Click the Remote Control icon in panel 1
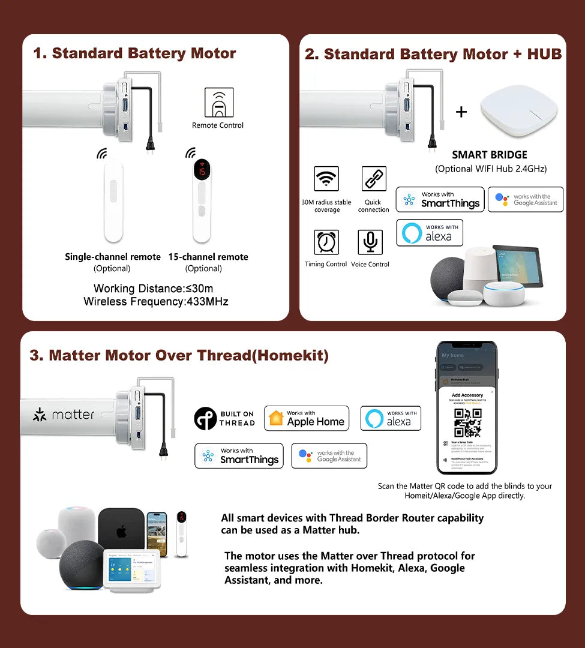point(218,103)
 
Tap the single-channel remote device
point(113,201)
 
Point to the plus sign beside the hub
point(461,112)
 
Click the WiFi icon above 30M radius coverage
point(326,179)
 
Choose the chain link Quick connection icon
point(374,179)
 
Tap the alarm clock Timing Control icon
point(326,242)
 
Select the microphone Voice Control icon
point(370,242)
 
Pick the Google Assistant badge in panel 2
point(526,200)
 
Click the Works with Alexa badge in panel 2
point(430,233)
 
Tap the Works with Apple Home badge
point(307,418)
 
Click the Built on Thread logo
point(224,419)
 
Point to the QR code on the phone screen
point(467,422)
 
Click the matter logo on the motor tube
point(64,415)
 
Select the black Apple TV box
point(121,530)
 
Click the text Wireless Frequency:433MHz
point(155,301)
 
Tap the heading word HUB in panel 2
point(544,54)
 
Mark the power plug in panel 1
point(148,145)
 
